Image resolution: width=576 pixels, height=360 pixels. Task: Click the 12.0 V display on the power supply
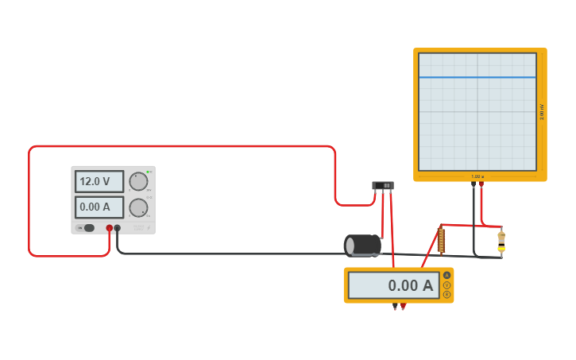coord(99,181)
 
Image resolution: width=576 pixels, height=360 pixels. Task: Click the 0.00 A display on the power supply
coord(99,207)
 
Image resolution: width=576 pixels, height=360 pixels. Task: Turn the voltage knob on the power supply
coord(138,181)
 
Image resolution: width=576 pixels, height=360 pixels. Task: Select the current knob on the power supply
coord(138,208)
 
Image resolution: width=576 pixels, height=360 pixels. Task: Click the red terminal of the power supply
coord(110,228)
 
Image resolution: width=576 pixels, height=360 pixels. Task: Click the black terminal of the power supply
coord(118,228)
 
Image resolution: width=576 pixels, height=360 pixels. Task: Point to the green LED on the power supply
coord(148,172)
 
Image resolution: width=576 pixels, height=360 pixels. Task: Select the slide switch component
coord(383,186)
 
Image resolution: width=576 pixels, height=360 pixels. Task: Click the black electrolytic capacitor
coord(362,245)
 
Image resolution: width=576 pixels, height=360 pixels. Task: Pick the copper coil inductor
coord(442,240)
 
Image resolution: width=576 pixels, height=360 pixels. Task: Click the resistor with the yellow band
coord(501,242)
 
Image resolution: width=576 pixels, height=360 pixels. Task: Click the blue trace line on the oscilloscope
coord(477,77)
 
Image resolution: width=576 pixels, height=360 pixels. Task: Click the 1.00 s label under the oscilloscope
coord(477,176)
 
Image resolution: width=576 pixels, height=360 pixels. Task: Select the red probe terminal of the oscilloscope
coord(481,184)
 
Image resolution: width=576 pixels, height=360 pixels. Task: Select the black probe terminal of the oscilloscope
coord(474,184)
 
